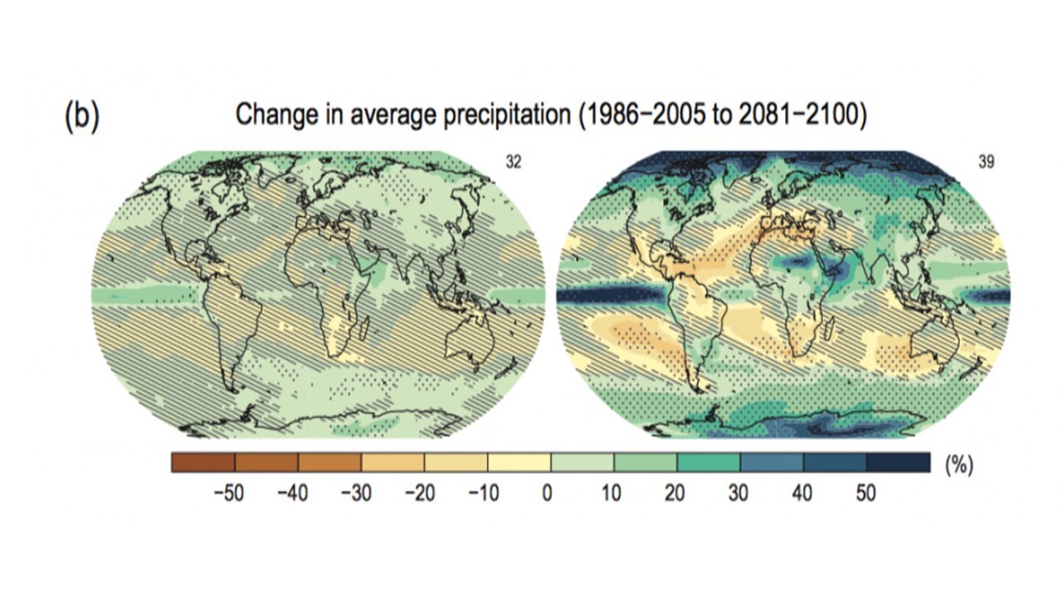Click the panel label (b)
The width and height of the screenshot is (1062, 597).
(x=81, y=118)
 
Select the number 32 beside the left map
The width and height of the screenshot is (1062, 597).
(x=514, y=163)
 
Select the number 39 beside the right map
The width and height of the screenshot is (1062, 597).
(x=986, y=163)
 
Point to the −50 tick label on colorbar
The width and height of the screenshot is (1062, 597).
(x=229, y=493)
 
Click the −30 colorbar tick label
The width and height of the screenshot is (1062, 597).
(x=355, y=493)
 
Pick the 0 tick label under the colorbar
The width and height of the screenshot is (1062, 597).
(x=548, y=493)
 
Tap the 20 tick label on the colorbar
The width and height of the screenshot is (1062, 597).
(x=675, y=493)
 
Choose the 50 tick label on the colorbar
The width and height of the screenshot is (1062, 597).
(x=865, y=493)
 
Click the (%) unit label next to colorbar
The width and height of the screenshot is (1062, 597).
(x=957, y=466)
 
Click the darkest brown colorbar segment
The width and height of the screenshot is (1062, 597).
(x=203, y=462)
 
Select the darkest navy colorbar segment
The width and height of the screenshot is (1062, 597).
(x=898, y=462)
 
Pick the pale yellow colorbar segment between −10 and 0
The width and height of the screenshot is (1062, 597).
(x=519, y=462)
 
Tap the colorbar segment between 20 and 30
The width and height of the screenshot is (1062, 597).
(x=709, y=462)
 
